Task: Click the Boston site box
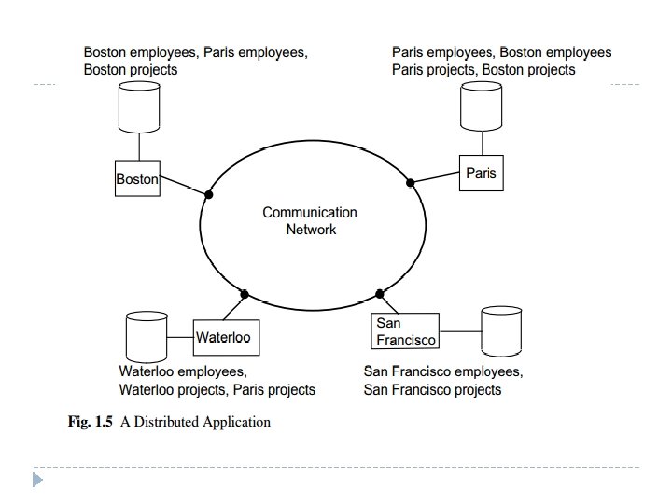coord(137,178)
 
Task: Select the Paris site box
coord(482,174)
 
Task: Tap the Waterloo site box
coord(223,337)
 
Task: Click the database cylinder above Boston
coord(139,106)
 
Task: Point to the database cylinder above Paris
coord(483,106)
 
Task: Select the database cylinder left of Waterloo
coord(145,336)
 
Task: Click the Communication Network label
coord(310,220)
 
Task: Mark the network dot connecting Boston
coord(209,195)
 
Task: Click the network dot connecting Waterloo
coord(245,294)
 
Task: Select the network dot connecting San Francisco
coord(380,294)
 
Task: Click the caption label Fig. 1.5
coord(91,422)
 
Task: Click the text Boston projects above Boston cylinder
coord(131,70)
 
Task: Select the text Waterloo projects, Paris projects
coord(217,389)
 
